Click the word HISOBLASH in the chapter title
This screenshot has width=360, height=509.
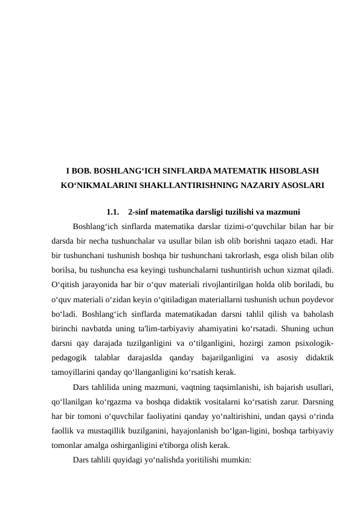click(288, 171)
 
